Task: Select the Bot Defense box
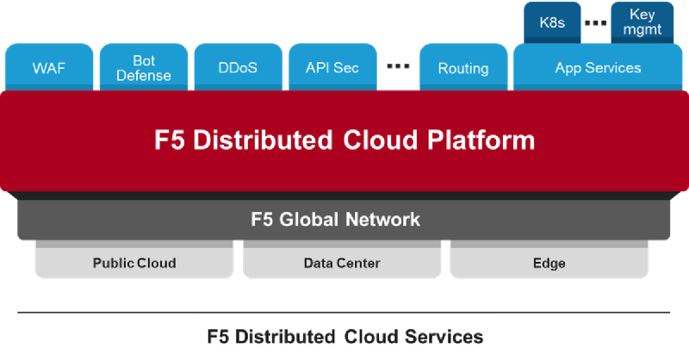[x=143, y=67]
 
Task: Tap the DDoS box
[x=237, y=67]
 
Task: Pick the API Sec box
[x=332, y=67]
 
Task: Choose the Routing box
[x=462, y=68]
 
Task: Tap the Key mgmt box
[x=642, y=22]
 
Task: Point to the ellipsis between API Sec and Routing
[x=397, y=65]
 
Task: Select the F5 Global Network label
[x=335, y=219]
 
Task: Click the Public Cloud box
[x=133, y=263]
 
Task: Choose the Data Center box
[x=342, y=263]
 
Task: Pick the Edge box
[x=549, y=263]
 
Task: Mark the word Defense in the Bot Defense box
[x=144, y=75]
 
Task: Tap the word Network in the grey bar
[x=380, y=219]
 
